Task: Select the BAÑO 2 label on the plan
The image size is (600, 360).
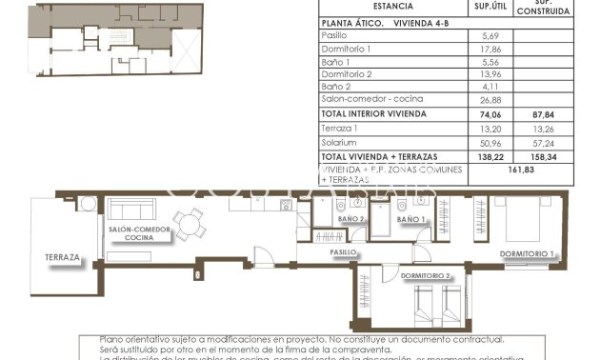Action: (x=351, y=220)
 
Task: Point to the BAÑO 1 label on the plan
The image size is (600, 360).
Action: (x=410, y=220)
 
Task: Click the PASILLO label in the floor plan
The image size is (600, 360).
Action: (x=344, y=253)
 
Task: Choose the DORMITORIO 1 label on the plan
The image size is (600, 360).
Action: (x=528, y=253)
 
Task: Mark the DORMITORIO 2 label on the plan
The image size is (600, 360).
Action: (x=426, y=276)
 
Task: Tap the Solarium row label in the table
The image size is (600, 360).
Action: (x=338, y=141)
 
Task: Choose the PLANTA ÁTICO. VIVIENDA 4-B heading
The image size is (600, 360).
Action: (x=375, y=21)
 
